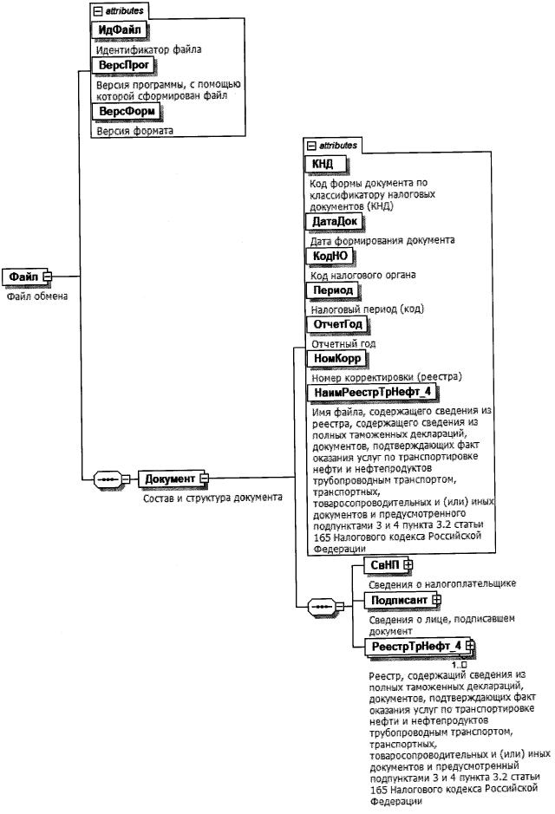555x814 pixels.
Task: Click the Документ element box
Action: (169, 479)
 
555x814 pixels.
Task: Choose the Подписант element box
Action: (398, 600)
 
